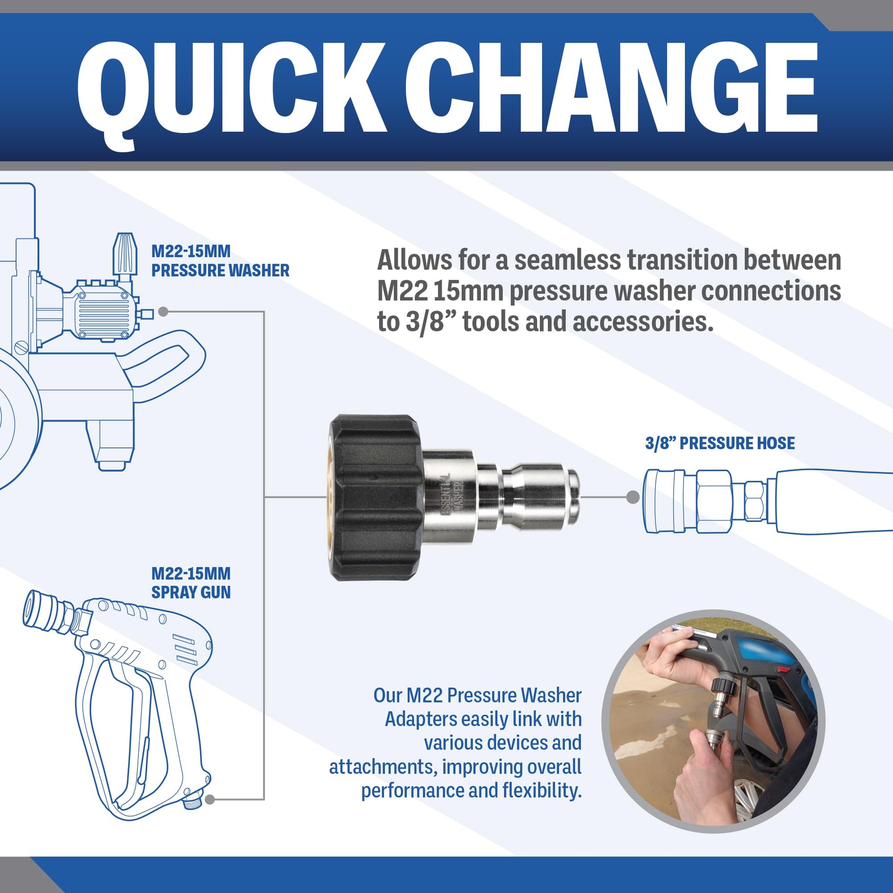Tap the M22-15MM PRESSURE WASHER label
[x=220, y=261]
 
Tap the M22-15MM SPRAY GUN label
[x=191, y=583]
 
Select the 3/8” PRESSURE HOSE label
[x=720, y=443]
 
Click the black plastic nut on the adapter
[x=374, y=497]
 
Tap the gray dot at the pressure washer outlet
[x=162, y=312]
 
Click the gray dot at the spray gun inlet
[x=209, y=799]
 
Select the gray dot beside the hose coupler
[x=633, y=497]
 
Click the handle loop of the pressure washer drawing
[x=167, y=356]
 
